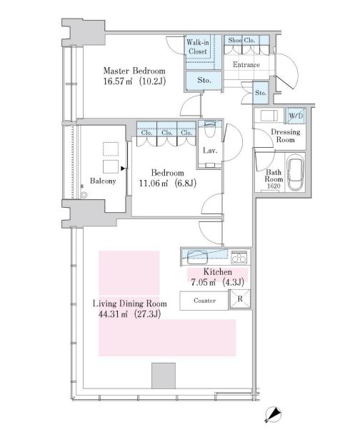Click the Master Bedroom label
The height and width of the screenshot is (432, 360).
[x=134, y=71]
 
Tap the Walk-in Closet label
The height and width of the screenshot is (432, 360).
[x=198, y=47]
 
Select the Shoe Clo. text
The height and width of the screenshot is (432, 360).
[x=241, y=40]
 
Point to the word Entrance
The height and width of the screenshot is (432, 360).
[x=246, y=65]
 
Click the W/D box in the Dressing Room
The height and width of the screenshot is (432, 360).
[x=296, y=116]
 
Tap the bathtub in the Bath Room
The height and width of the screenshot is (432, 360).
[x=296, y=172]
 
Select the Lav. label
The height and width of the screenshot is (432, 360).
[x=210, y=151]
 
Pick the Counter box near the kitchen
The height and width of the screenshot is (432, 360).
[x=204, y=301]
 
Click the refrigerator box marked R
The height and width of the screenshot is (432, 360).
[x=240, y=299]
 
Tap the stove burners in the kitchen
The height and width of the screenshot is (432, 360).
[x=239, y=257]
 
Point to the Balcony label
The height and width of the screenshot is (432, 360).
[x=103, y=181]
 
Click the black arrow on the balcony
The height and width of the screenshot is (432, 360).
[x=123, y=169]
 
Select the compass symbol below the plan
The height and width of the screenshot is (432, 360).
[x=273, y=415]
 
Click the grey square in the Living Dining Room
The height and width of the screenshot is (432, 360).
[x=164, y=376]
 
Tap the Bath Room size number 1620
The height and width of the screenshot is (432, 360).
[x=274, y=186]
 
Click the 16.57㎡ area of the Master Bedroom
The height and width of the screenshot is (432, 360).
[x=118, y=81]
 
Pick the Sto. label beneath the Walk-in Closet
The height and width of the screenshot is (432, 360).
[x=204, y=81]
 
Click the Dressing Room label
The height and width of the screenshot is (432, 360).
[x=286, y=136]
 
